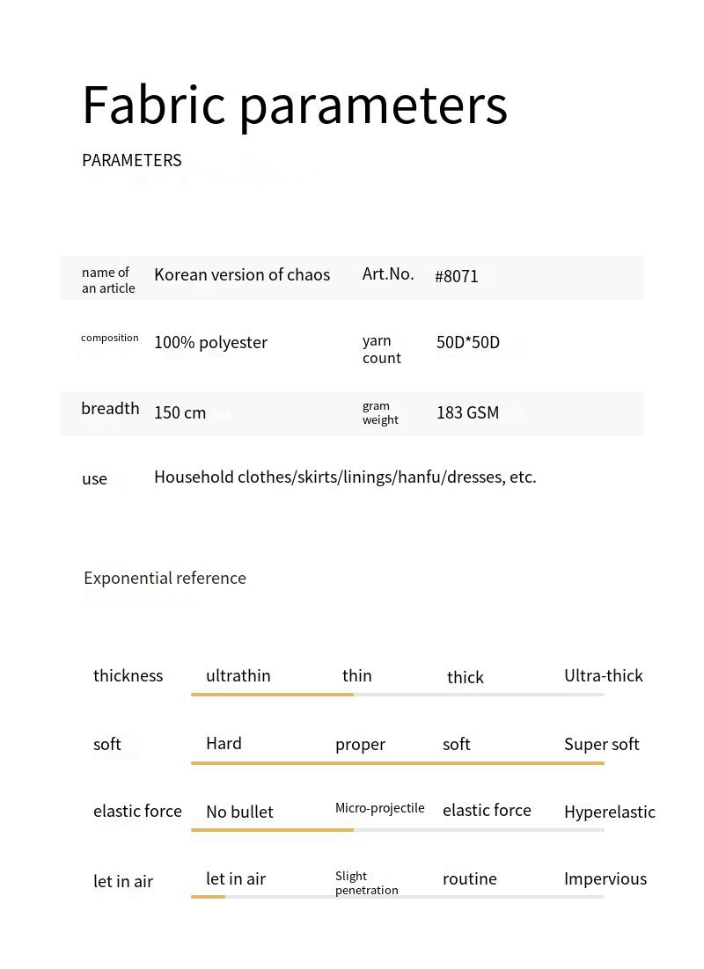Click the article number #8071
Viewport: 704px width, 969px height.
point(457,276)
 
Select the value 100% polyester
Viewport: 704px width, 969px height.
point(210,343)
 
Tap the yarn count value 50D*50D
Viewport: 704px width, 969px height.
point(467,342)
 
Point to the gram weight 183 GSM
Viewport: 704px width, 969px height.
point(467,413)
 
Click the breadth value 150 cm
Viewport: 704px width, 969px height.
point(180,413)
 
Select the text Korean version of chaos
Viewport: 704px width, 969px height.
point(242,274)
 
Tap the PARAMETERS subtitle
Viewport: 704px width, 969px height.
point(131,160)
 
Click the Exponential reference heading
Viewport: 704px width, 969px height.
point(165,578)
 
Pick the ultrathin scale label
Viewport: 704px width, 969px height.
point(238,676)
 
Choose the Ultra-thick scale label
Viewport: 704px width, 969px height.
point(603,676)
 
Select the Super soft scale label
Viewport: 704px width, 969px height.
point(601,745)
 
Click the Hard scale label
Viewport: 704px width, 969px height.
point(224,744)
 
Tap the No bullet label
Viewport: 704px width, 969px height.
point(239,812)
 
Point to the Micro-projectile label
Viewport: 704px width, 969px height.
point(379,808)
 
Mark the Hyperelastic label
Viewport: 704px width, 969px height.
point(609,812)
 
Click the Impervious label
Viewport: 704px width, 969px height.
point(605,879)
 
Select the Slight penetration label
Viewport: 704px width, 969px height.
point(366,883)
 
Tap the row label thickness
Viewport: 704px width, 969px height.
point(128,676)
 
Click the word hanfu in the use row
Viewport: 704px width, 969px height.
point(420,477)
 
